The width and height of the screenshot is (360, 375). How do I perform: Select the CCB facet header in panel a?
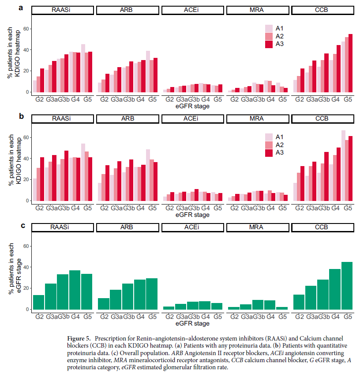[322, 10]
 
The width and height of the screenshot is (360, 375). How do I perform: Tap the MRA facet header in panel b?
[258, 119]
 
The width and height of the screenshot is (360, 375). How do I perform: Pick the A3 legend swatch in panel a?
[269, 44]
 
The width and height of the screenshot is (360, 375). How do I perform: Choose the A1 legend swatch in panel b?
[269, 136]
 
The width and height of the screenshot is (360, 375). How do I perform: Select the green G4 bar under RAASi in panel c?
[75, 290]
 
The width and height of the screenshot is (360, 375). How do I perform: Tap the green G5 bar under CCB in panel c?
[347, 285]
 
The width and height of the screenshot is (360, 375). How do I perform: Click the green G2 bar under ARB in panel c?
[104, 304]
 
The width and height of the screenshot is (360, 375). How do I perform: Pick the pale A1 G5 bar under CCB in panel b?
[343, 166]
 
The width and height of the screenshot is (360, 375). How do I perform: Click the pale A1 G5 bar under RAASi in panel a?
[83, 68]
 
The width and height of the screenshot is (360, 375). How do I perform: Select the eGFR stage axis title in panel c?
[192, 323]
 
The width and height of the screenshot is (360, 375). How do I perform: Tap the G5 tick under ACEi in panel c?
[217, 316]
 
